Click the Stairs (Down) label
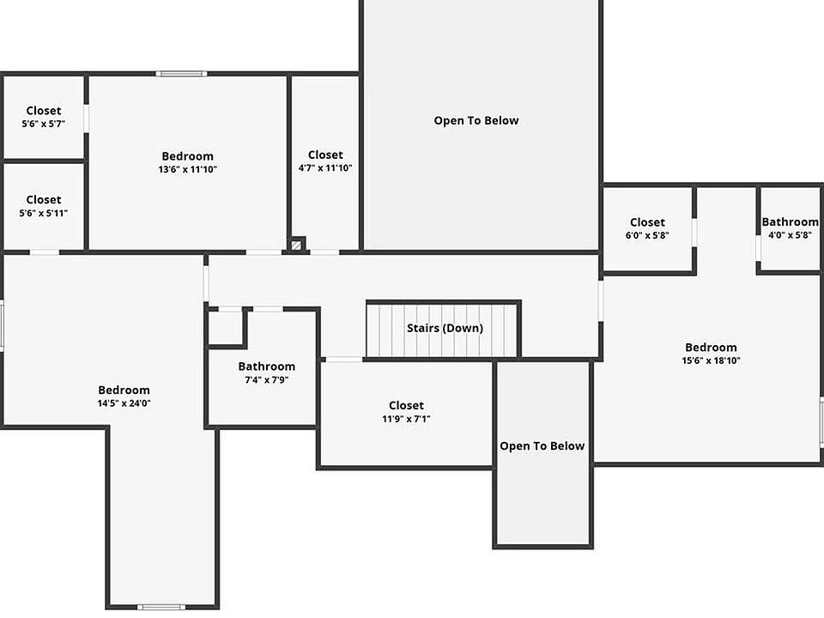pos(445,328)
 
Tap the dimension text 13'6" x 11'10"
pos(188,169)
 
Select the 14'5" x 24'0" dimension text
pos(124,403)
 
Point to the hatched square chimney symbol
pos(296,245)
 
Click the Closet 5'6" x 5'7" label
pos(44,117)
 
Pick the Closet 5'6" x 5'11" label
pos(44,206)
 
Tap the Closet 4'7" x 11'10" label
pos(325,161)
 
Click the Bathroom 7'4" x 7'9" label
pos(266,373)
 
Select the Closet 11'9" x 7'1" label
pos(406,411)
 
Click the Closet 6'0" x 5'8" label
pos(647,228)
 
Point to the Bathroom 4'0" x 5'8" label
pos(790,228)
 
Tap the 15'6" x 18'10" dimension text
pos(711,360)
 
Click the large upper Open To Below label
pos(476,120)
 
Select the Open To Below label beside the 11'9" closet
pos(542,445)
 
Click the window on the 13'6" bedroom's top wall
pos(181,74)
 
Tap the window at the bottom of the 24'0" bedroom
pos(161,607)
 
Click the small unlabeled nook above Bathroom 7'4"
pos(226,328)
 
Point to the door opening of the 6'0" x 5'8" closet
pos(694,233)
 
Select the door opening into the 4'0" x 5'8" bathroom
pos(758,248)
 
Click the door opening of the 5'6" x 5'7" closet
pos(86,118)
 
